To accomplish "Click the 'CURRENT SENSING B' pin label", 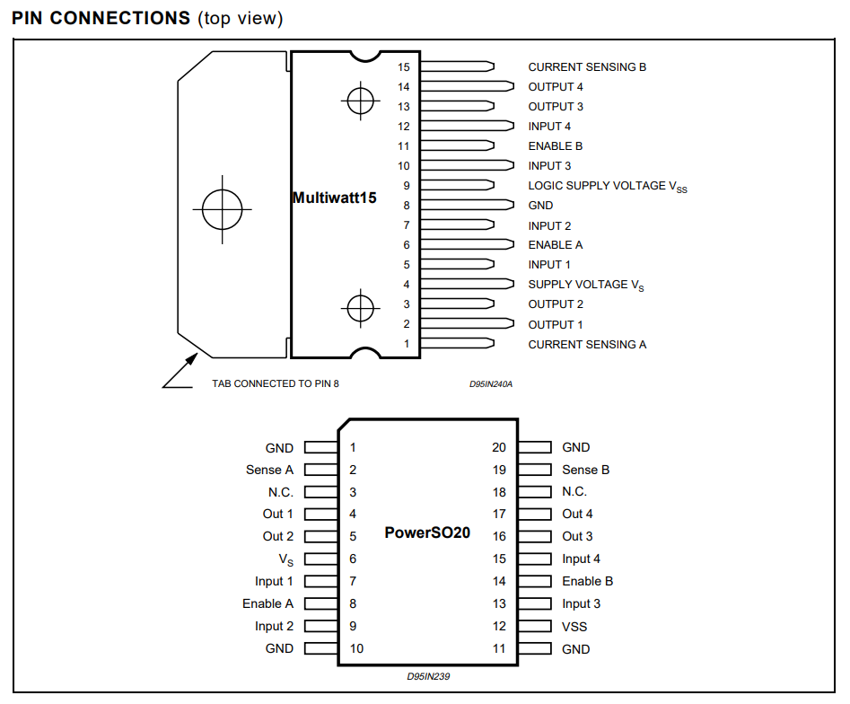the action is tap(587, 67).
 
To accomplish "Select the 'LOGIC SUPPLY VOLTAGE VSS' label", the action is tap(608, 187).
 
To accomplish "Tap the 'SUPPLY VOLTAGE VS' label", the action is tap(586, 286).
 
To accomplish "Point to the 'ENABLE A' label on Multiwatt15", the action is tap(555, 245).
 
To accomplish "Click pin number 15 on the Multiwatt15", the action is tap(403, 67).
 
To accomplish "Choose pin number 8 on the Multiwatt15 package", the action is tap(407, 206).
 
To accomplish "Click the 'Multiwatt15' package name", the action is tap(334, 198).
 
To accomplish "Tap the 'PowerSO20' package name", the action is tap(427, 532).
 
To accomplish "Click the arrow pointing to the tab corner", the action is tap(180, 371).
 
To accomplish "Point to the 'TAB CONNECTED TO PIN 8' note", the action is tap(276, 384).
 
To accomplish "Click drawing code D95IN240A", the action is tap(491, 384).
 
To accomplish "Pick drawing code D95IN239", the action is tap(428, 676).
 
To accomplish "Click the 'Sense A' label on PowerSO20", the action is tap(269, 470).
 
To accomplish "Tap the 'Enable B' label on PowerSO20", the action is tap(588, 581).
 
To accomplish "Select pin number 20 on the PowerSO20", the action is tap(499, 447).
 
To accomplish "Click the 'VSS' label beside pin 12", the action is tap(574, 627).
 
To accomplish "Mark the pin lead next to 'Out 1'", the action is tap(321, 515).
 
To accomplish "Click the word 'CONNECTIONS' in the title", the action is tap(119, 18).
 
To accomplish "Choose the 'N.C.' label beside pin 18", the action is tap(574, 492).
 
